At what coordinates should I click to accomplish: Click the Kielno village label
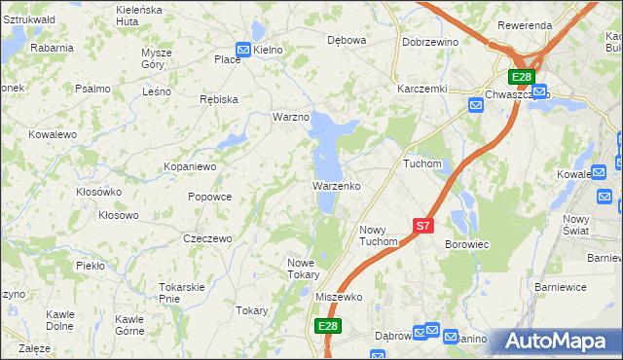click(269, 49)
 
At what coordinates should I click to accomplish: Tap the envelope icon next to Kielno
click(243, 49)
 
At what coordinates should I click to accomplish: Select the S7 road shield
click(422, 225)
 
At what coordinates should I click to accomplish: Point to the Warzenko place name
click(337, 185)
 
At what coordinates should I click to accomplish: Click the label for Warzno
click(290, 117)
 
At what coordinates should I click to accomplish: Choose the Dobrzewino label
click(430, 42)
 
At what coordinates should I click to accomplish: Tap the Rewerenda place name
click(525, 24)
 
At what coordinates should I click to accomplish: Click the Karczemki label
click(421, 88)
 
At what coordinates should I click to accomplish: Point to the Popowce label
click(209, 197)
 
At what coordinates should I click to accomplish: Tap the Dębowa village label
click(347, 41)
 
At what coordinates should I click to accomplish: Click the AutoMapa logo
click(558, 342)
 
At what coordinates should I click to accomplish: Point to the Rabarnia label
click(52, 47)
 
